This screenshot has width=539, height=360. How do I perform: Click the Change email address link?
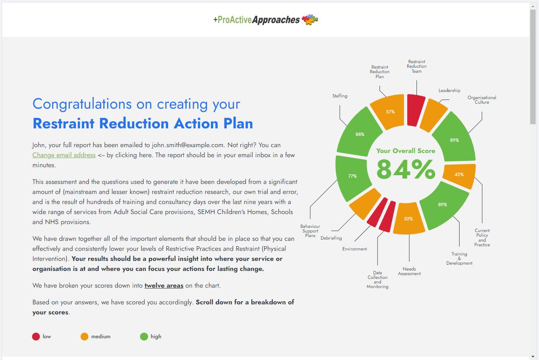point(64,155)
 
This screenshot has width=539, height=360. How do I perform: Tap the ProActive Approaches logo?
point(266,20)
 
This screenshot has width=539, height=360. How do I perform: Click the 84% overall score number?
point(406,169)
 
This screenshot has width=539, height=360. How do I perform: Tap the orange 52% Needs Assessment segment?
point(409,218)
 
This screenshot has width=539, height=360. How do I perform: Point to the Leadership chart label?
point(449,90)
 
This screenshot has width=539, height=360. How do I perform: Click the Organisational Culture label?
point(482,100)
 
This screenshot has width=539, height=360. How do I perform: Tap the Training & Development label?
point(459,258)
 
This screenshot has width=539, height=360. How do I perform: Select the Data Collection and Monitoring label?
point(377,280)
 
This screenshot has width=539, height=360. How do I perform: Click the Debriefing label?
point(331,238)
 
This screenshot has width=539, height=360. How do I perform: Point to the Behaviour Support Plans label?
point(310,231)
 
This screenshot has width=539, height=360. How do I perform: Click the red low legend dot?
point(36,337)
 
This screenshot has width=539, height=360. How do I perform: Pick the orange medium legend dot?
point(84,337)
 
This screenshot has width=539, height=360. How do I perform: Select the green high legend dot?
point(144,337)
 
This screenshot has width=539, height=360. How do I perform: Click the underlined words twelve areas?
point(164,286)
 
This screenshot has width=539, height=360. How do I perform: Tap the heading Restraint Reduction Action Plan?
point(143,123)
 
